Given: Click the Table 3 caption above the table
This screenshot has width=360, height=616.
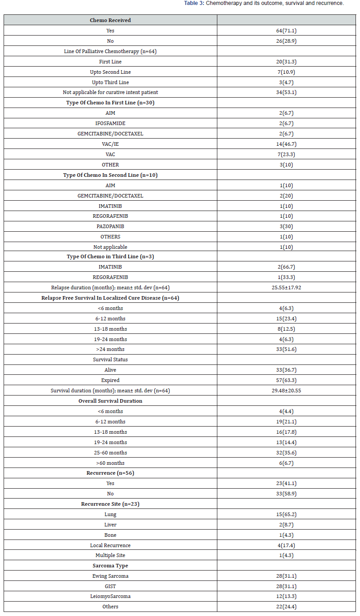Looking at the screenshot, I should [264, 4].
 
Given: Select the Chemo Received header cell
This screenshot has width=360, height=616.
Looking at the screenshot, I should [110, 20].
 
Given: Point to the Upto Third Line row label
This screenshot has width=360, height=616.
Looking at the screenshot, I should [110, 82].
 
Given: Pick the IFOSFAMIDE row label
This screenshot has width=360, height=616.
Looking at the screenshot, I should [110, 123].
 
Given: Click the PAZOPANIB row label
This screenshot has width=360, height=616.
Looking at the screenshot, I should [110, 226].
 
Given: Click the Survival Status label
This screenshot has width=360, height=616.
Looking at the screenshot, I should [110, 360].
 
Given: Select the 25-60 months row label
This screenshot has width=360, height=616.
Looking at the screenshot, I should [110, 453].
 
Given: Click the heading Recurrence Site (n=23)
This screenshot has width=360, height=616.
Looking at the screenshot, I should [110, 504].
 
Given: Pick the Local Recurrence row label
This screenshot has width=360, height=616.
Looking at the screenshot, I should [110, 545].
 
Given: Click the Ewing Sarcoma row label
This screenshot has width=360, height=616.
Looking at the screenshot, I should [110, 576].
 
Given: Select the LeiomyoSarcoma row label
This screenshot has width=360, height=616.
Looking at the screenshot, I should [110, 596].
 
